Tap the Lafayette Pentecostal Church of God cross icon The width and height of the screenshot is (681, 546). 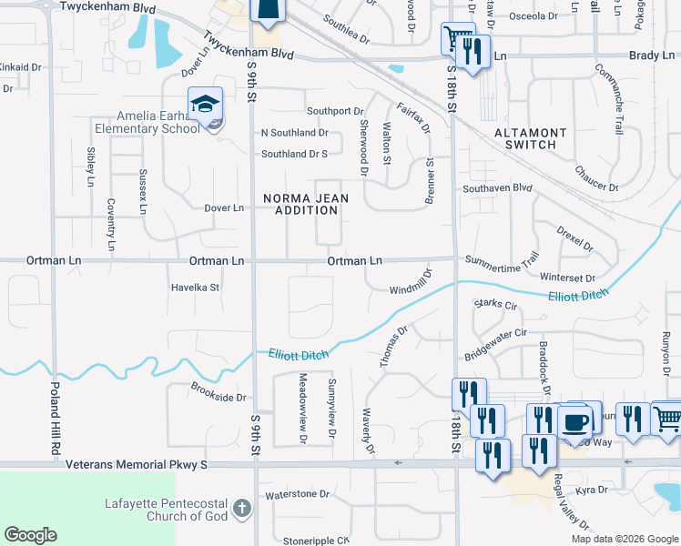(241, 507)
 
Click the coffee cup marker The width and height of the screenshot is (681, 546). (575, 421)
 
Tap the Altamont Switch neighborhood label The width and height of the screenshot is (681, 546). (530, 139)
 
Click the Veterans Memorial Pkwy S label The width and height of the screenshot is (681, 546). (137, 464)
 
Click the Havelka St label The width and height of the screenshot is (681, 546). (196, 288)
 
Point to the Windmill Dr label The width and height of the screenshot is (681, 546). (410, 281)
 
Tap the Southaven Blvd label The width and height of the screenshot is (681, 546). (496, 188)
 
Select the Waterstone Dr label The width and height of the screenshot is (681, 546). (297, 494)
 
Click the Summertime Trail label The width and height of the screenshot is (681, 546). (503, 260)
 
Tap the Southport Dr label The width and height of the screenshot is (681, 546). (335, 111)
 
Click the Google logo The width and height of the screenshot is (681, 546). (30, 535)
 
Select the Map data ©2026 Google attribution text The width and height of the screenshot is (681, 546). (624, 539)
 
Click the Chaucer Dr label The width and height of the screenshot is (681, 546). (596, 177)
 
